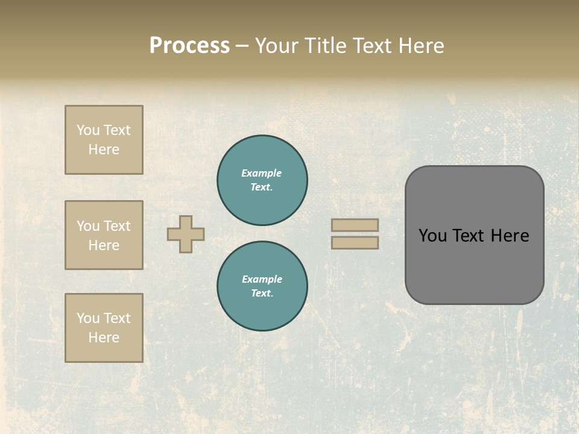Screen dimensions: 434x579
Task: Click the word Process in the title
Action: point(189,46)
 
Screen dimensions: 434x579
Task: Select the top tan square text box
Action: point(104,140)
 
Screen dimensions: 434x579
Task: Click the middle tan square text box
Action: point(104,235)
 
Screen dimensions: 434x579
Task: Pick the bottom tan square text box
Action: point(104,328)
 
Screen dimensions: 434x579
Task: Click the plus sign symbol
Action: point(186,234)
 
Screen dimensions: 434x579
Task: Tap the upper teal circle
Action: point(262,180)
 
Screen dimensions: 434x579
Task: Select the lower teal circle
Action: point(262,286)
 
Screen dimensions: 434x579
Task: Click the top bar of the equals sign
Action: point(355,225)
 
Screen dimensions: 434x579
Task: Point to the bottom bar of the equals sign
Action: point(355,242)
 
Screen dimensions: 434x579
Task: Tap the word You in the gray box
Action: point(432,236)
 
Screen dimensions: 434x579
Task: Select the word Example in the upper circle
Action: point(262,173)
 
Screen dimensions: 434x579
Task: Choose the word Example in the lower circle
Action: point(262,279)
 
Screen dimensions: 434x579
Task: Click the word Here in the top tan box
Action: point(104,149)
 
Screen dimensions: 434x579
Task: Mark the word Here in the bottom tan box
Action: point(104,338)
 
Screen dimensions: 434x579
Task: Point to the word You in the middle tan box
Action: point(87,226)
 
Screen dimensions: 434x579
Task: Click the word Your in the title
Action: point(277,46)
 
